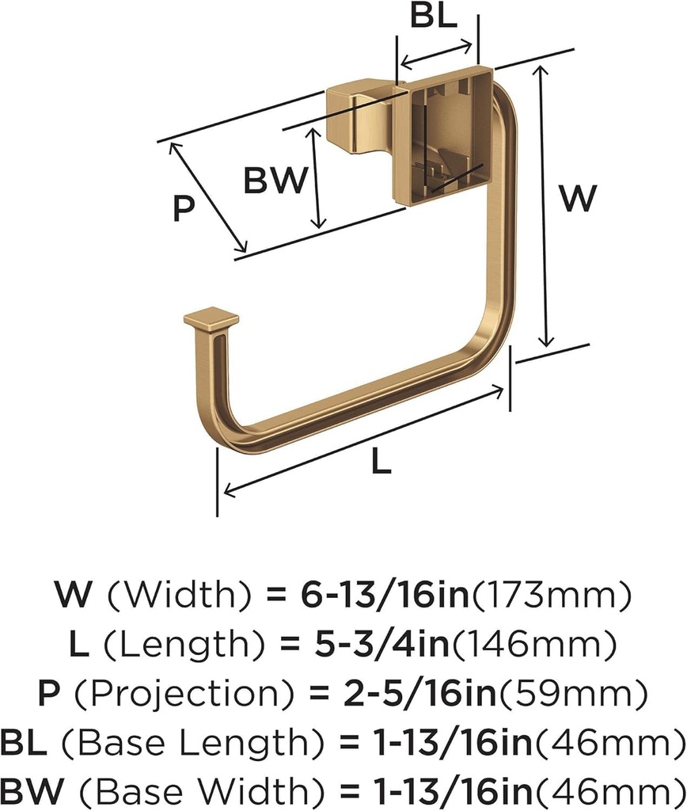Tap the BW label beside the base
[x=275, y=181]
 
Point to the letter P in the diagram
[x=184, y=208]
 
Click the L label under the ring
[x=381, y=461]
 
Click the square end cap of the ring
[x=211, y=321]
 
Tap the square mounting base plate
[x=443, y=135]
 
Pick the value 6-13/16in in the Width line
[x=385, y=596]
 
